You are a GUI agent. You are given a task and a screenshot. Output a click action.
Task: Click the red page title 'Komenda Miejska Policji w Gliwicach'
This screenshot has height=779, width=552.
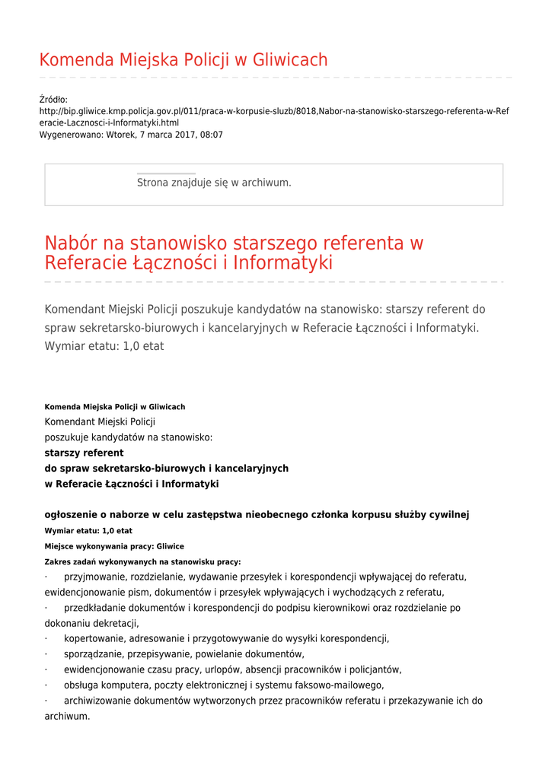tap(183, 60)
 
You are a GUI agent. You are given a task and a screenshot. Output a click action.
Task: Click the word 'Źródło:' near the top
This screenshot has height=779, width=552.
tap(53, 100)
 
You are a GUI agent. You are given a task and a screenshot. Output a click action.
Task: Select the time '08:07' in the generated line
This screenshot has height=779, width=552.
tap(212, 135)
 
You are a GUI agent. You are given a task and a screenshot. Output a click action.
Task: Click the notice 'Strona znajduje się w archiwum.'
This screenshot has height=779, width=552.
tap(214, 183)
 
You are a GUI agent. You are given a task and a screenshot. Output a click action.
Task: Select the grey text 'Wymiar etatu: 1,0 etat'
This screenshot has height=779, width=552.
tap(104, 346)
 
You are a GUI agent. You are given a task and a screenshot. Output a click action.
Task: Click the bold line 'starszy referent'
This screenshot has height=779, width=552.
tap(84, 453)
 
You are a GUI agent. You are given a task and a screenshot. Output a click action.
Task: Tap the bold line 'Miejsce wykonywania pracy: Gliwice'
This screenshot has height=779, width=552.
tap(114, 546)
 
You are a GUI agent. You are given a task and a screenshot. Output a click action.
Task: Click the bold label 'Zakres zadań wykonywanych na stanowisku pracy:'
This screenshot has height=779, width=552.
tap(142, 562)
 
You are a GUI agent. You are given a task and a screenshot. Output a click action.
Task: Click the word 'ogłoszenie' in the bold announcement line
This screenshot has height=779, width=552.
tap(70, 515)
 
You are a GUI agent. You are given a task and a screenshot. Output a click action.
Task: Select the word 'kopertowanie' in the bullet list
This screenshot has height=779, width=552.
tap(94, 639)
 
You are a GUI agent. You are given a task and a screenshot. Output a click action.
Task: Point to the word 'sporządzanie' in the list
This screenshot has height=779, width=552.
tap(93, 654)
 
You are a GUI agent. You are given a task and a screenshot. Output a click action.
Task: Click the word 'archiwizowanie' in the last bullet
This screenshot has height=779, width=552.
tap(97, 701)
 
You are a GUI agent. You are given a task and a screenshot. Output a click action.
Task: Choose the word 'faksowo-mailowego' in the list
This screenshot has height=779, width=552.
tap(343, 685)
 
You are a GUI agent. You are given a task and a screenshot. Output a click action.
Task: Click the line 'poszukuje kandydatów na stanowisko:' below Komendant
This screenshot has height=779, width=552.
tap(129, 437)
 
